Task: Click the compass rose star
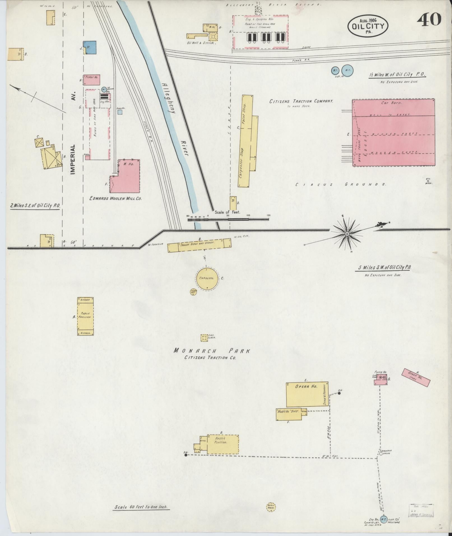(347, 233)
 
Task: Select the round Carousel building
(207, 278)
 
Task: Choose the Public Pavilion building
(85, 316)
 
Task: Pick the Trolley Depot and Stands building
(200, 245)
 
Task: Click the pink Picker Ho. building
(92, 80)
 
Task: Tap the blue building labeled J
(91, 47)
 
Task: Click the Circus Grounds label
(341, 184)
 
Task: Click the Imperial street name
(73, 160)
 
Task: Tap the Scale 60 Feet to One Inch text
(141, 507)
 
